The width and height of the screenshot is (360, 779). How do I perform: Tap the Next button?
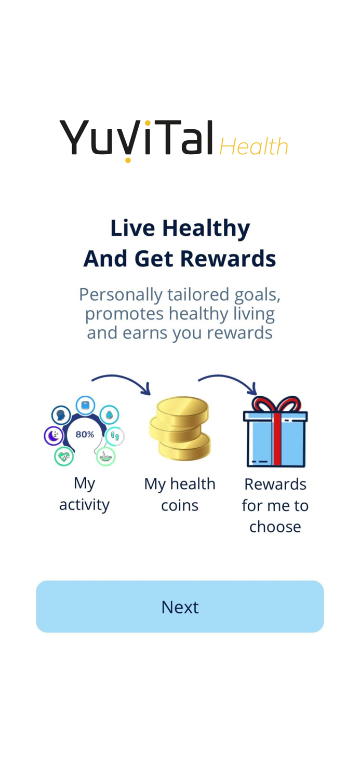point(180,607)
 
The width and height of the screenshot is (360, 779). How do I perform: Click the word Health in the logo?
point(254,146)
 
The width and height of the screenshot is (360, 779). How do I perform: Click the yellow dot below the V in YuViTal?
point(128,160)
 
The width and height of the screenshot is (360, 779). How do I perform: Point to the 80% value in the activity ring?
point(85,434)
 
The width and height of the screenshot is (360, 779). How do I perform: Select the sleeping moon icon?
point(54,435)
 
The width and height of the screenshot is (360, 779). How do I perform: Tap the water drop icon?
point(109,415)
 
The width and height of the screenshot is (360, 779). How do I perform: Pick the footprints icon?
point(115,436)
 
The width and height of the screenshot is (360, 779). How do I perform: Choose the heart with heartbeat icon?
point(64,456)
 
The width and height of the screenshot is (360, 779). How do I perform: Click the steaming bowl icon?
point(105,456)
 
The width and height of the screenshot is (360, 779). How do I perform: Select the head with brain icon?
point(61,415)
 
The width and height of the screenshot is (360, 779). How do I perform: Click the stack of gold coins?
point(180,428)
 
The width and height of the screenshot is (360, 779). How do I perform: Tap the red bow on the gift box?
point(275,405)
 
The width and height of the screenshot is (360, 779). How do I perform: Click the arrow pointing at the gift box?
point(229,382)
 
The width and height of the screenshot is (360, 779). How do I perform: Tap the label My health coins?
point(180,494)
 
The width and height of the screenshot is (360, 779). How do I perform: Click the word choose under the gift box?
point(275,526)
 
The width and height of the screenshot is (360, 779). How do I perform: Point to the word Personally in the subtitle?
point(121,294)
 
